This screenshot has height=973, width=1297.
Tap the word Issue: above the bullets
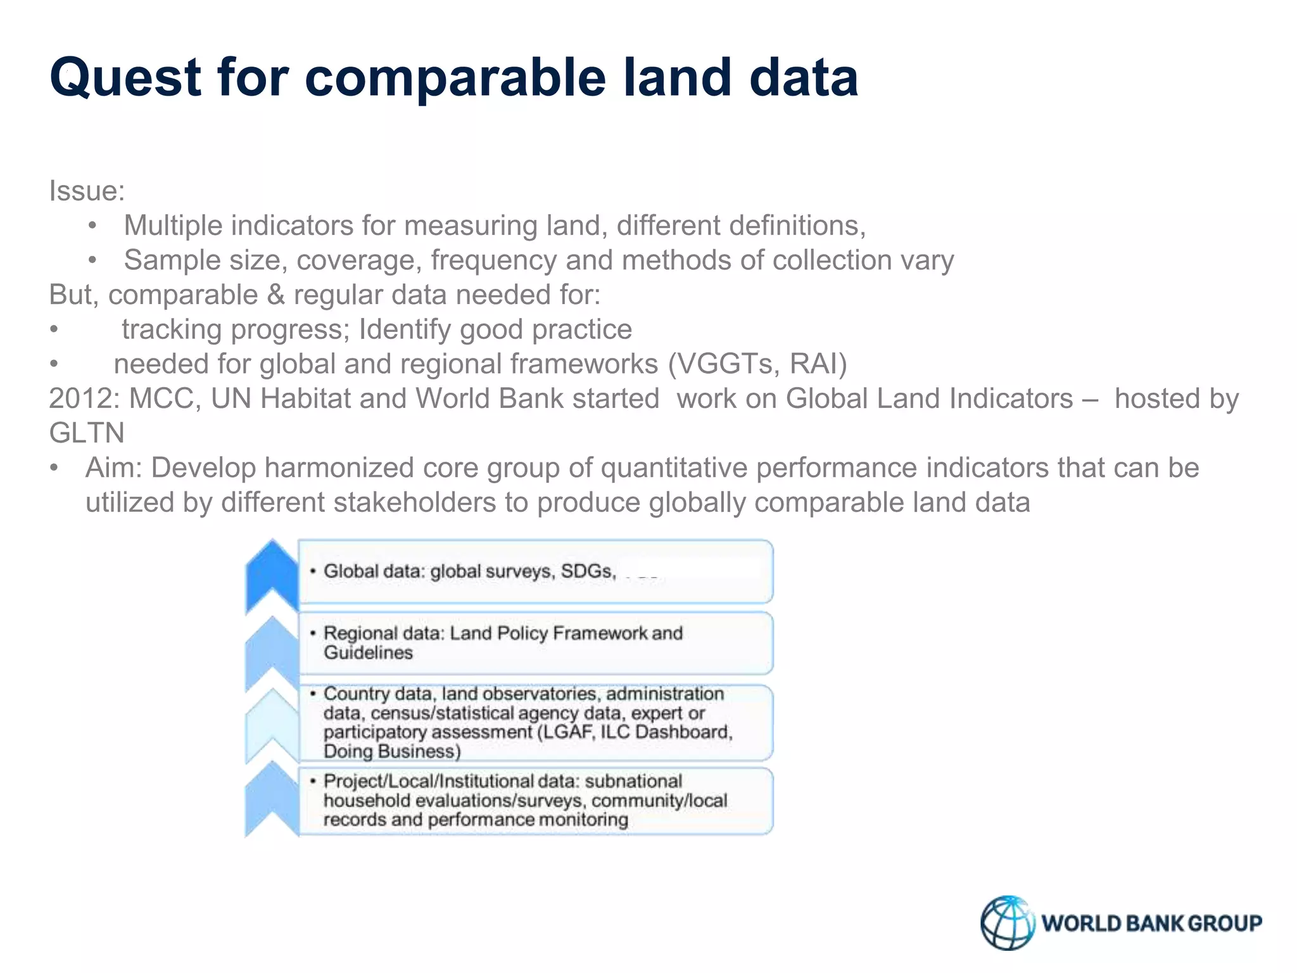87,191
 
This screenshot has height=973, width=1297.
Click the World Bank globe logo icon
1007,922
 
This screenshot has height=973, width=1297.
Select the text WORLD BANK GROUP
1151,924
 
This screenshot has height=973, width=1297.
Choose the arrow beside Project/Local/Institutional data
272,799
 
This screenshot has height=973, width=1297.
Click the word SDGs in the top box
587,571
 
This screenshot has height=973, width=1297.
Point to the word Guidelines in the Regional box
368,653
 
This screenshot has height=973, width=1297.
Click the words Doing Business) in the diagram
392,752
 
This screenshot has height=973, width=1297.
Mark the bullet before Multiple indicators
93,226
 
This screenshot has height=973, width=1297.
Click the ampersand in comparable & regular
275,295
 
